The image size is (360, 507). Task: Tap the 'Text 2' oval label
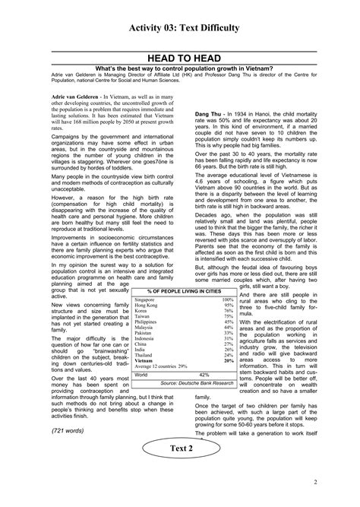tap(180, 470)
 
